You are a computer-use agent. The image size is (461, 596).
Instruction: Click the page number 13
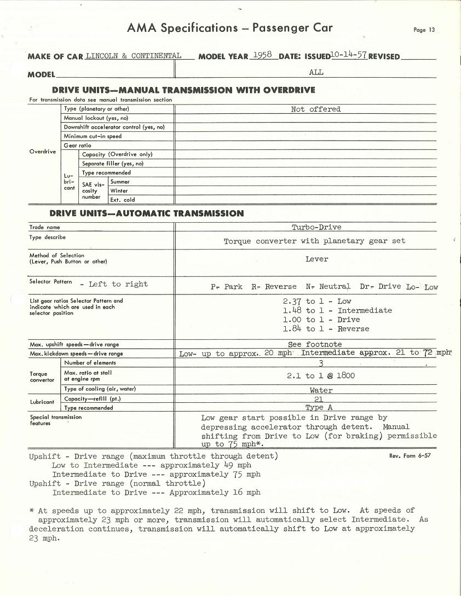[424, 30]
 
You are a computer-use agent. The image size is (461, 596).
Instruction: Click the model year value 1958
[262, 55]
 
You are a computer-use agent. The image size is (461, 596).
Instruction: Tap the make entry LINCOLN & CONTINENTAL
[133, 56]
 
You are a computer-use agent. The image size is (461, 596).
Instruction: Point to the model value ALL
[316, 72]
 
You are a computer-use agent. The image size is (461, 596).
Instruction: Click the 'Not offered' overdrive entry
[316, 109]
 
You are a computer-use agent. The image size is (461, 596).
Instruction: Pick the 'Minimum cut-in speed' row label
[93, 136]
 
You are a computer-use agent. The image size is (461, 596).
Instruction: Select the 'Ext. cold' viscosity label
[122, 200]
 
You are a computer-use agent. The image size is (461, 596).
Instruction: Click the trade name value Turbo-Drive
[316, 227]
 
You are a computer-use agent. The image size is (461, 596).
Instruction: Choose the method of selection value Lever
[316, 259]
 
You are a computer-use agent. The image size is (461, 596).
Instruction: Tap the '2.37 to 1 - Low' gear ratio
[317, 302]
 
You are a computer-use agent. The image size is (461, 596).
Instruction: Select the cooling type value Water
[321, 391]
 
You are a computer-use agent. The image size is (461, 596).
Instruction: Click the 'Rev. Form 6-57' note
[410, 455]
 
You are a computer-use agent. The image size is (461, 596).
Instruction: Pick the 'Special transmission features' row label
[55, 420]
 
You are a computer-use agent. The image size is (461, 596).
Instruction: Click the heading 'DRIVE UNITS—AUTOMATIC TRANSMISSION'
[147, 213]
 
